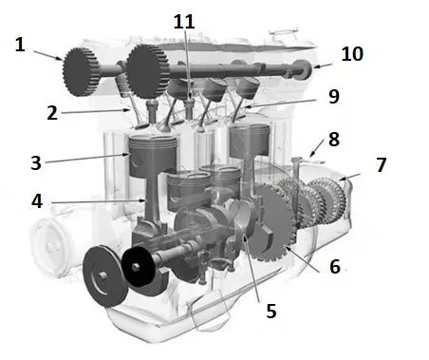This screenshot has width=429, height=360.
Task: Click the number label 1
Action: click(20, 45)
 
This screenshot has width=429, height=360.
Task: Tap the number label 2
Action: click(52, 113)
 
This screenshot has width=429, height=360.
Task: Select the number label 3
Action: click(36, 163)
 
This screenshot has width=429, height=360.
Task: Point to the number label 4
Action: click(37, 201)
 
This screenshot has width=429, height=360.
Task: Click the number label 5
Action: click(271, 311)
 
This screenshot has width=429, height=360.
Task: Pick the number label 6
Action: click(335, 266)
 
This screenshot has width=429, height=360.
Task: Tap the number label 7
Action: click(382, 164)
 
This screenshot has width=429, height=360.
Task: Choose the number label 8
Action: click(334, 140)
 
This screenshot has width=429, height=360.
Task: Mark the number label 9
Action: click(334, 97)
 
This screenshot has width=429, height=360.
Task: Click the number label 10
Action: click(352, 54)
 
